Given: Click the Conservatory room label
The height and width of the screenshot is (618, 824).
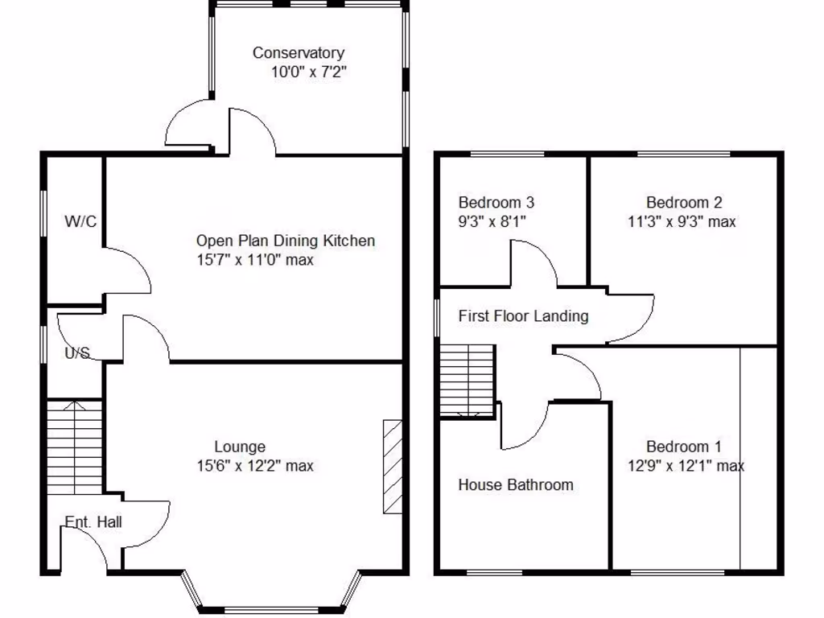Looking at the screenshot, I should [298, 53].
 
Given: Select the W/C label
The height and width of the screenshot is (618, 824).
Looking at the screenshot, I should [80, 221].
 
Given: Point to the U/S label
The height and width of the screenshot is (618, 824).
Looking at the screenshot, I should [77, 352].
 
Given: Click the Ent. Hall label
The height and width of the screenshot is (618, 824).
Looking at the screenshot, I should [93, 522].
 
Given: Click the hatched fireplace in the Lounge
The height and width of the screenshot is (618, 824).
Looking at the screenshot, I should [392, 466].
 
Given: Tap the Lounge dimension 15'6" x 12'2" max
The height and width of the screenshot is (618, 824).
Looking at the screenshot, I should [255, 466].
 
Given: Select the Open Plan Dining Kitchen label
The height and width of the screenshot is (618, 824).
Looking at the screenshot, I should [286, 241].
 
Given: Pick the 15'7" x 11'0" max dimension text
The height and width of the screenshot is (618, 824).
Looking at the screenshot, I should [255, 260].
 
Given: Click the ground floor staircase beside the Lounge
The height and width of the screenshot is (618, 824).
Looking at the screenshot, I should [74, 447].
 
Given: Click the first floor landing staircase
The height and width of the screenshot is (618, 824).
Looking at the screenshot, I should [466, 379].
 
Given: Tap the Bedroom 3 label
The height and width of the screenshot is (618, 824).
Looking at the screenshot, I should [496, 203].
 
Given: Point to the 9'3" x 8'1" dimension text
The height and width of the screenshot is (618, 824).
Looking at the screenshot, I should [492, 221].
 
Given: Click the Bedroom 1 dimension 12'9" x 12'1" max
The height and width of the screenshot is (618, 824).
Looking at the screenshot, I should [685, 466].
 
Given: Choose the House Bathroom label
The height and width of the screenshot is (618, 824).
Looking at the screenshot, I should [516, 484].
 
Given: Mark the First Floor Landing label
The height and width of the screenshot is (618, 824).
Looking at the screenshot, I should [523, 316].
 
